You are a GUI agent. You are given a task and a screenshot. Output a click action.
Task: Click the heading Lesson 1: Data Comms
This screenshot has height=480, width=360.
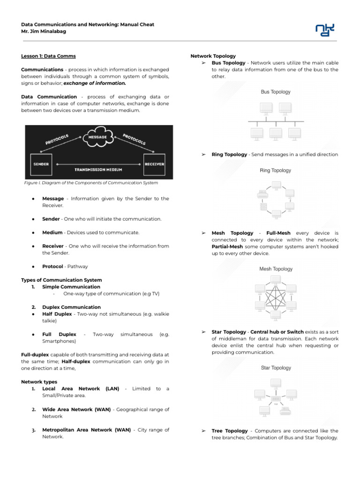coord(48,56)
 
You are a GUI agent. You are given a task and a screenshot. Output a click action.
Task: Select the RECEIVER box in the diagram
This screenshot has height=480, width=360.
coord(154,164)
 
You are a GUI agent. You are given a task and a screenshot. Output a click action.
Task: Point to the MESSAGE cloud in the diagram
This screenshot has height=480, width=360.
coord(98,137)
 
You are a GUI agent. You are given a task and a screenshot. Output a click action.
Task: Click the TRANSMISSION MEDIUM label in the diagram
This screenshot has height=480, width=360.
coord(98,169)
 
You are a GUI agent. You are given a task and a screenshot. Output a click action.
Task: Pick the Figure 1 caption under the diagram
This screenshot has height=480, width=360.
coord(91,183)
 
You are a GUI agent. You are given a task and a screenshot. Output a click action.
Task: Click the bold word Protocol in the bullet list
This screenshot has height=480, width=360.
coord(52,266)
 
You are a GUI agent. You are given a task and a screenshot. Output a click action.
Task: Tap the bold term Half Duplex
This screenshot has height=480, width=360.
coord(57,314)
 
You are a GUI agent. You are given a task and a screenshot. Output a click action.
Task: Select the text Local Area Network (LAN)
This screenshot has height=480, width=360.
coord(81,389)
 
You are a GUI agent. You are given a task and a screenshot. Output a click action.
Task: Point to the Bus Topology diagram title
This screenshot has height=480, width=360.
coord(276,92)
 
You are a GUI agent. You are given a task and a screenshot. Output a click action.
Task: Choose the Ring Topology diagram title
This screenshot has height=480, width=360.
coord(276,171)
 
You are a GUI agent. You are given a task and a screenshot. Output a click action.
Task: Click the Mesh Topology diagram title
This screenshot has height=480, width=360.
coord(276,269)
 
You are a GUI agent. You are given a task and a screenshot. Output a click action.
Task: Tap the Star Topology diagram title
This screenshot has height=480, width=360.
coord(276,368)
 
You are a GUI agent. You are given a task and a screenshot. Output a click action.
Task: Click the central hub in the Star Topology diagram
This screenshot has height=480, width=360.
coord(276,399)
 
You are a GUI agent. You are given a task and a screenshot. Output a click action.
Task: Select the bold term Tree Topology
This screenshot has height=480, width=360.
coord(230,431)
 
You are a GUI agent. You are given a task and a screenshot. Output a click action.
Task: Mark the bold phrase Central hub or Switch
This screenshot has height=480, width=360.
coord(277,332)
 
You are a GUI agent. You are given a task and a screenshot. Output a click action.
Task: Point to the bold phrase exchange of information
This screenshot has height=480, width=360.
coord(95,83)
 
